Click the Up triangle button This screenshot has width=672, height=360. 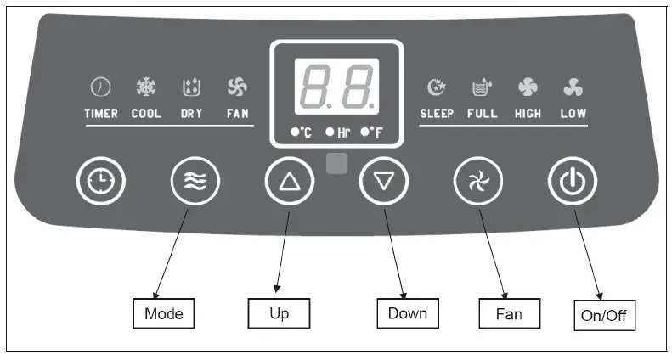(290, 181)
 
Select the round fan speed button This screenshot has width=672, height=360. (478, 181)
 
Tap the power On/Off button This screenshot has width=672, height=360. (572, 181)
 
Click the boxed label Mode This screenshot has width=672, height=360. (164, 313)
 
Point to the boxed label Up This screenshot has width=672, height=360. (279, 313)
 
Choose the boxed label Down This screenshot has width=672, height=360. (407, 313)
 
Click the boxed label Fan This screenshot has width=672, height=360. (508, 314)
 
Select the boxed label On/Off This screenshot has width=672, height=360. (604, 317)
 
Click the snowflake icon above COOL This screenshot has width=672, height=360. (146, 87)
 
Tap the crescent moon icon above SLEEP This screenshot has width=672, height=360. (437, 87)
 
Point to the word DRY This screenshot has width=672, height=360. (191, 113)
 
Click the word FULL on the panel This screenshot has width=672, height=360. (482, 113)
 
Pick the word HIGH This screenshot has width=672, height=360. (528, 113)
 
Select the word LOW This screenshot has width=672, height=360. (573, 113)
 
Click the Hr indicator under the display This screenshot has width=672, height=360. (338, 132)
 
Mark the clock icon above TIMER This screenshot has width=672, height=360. (100, 87)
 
